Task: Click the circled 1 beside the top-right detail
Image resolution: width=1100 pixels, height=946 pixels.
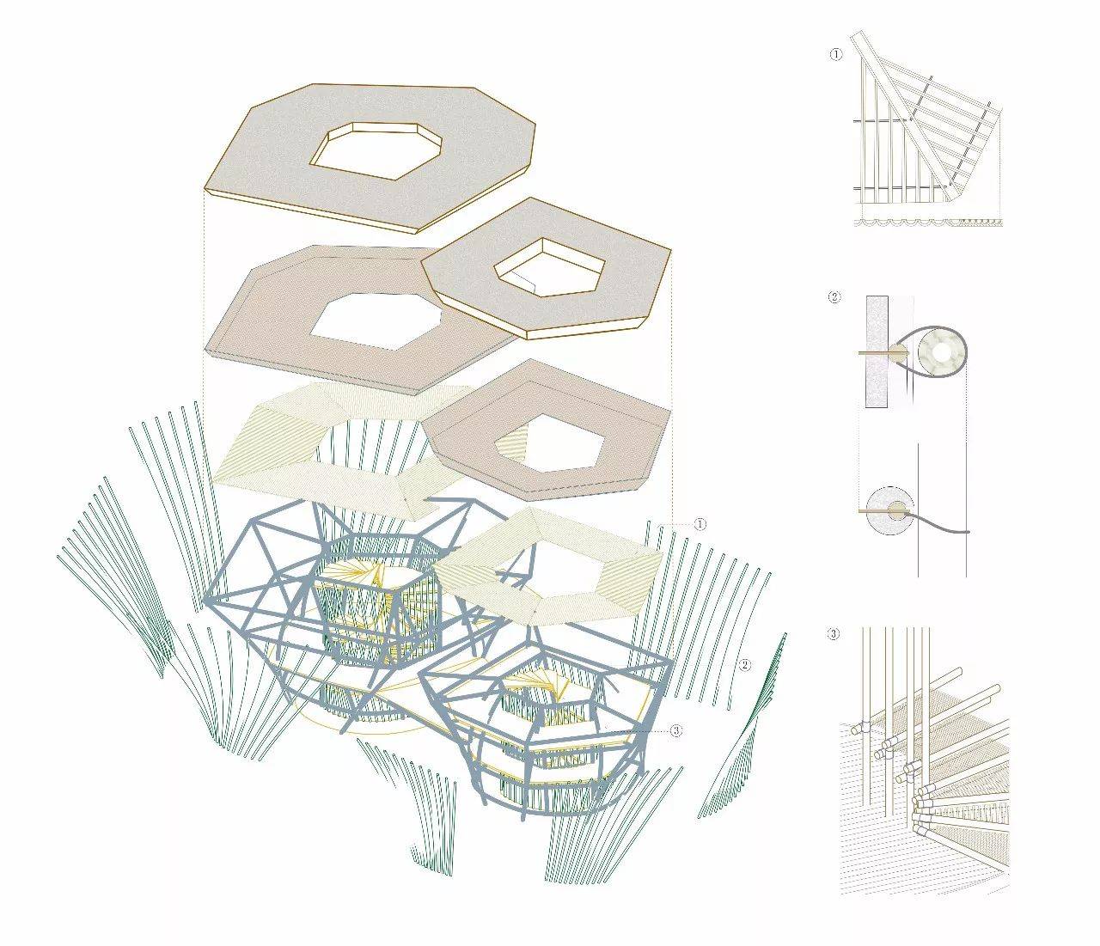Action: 836,54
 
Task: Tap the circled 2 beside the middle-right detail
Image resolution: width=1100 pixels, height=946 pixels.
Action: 834,297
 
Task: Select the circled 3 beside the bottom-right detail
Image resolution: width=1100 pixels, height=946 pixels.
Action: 834,634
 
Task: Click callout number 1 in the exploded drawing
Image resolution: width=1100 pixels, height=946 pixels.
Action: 700,524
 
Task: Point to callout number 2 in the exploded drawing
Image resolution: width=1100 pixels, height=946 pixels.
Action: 745,664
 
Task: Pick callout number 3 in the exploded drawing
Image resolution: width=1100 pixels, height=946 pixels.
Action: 675,730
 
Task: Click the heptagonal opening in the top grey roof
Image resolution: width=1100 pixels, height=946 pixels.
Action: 376,151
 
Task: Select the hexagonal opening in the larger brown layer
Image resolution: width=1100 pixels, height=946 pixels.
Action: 376,323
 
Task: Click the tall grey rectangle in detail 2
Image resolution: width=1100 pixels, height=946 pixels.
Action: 877,351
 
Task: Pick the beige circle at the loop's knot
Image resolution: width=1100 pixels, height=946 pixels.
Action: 899,351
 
